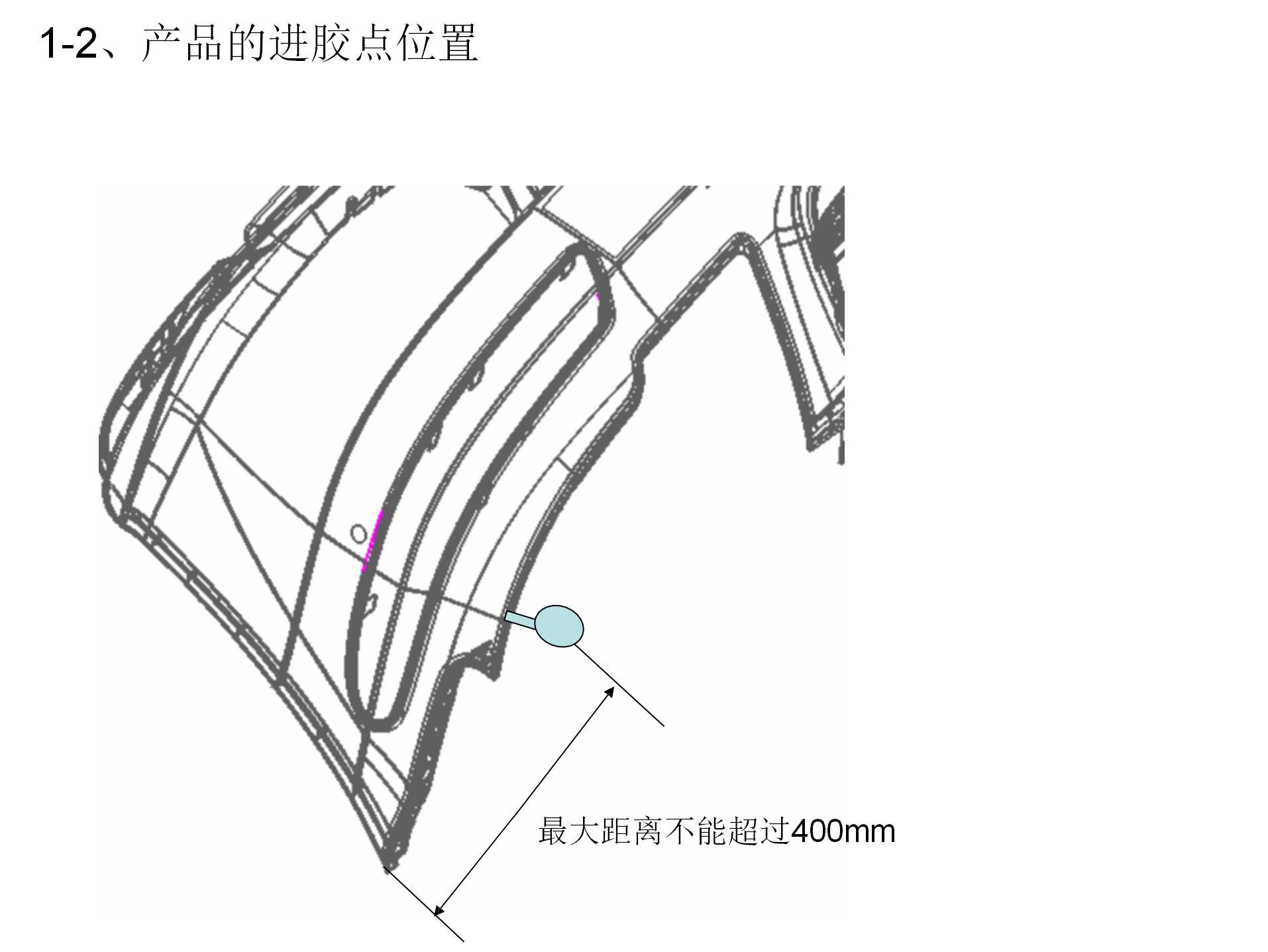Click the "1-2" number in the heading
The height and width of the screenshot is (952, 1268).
point(68,44)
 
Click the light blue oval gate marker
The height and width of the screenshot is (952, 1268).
point(559,625)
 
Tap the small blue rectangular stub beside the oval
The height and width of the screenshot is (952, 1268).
point(519,619)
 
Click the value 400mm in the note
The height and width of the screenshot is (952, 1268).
point(843,831)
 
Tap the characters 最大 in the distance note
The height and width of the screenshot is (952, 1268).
point(568,831)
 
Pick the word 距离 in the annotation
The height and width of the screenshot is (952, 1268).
point(632,831)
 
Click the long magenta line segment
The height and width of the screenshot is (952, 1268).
point(372,540)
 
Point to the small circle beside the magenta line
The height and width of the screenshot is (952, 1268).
point(358,533)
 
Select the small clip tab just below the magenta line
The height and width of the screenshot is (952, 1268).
point(372,602)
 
